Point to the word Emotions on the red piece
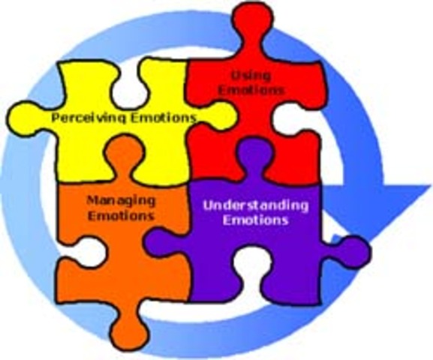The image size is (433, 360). coord(241,91)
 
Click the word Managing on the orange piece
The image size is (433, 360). coord(121,200)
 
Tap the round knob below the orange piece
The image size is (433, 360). coord(134,330)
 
